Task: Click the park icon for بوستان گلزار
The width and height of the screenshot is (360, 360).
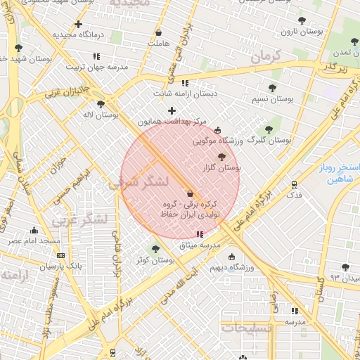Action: point(223,157)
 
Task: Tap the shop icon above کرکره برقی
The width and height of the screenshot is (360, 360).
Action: point(190,193)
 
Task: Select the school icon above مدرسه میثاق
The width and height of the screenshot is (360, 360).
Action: point(200,233)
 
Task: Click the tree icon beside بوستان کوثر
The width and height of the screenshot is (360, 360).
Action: point(156,248)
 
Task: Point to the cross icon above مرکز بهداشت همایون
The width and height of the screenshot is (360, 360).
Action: point(172,110)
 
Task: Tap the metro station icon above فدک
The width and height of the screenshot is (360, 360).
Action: point(294,185)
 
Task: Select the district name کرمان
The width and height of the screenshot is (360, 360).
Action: point(265,56)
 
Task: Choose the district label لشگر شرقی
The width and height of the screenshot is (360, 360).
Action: point(139,182)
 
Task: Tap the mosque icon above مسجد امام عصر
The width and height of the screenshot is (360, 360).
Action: point(34,230)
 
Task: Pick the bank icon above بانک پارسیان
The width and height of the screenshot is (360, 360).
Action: point(60,256)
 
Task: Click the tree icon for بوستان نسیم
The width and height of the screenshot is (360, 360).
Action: point(272,88)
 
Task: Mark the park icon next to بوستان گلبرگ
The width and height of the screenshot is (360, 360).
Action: point(268,129)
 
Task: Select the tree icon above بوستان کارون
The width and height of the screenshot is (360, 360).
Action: point(302,20)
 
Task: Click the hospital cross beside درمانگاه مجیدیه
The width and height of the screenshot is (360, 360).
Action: point(79,25)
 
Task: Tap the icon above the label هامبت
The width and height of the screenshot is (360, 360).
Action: point(158,32)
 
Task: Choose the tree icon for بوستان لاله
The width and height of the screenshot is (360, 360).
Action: point(101,103)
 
